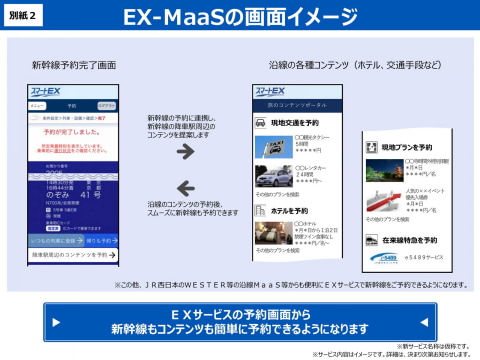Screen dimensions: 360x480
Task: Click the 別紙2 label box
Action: pyautogui.click(x=25, y=16)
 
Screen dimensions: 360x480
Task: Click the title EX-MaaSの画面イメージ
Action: pyautogui.click(x=239, y=17)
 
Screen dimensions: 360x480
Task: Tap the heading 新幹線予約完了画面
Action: pyautogui.click(x=74, y=65)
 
